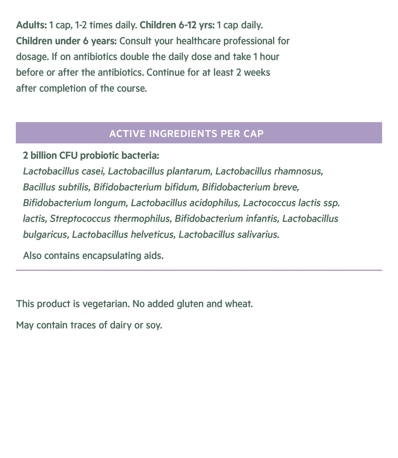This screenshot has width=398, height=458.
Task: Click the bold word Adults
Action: [x=31, y=25]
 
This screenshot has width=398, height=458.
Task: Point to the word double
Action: [x=143, y=57]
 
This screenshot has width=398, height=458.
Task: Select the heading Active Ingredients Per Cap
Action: [x=186, y=133]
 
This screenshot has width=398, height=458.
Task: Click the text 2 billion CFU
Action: [x=50, y=156]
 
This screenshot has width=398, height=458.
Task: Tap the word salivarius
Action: [x=258, y=235]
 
